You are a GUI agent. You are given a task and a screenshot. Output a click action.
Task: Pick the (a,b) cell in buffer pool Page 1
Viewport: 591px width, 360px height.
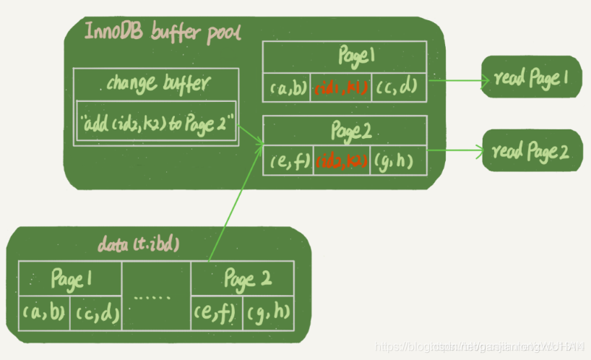pyautogui.click(x=289, y=87)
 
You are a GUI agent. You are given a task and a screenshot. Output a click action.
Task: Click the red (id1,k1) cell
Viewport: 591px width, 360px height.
pyautogui.click(x=340, y=87)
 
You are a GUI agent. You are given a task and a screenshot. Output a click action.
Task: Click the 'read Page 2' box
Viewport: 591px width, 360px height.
pyautogui.click(x=531, y=151)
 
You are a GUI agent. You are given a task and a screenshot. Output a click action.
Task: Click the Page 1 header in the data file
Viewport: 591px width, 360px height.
pyautogui.click(x=70, y=279)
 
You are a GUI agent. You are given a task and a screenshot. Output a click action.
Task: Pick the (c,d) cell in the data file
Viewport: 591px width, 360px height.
pyautogui.click(x=96, y=314)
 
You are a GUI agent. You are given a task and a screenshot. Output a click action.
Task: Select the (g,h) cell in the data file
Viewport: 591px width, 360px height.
pyautogui.click(x=268, y=313)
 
